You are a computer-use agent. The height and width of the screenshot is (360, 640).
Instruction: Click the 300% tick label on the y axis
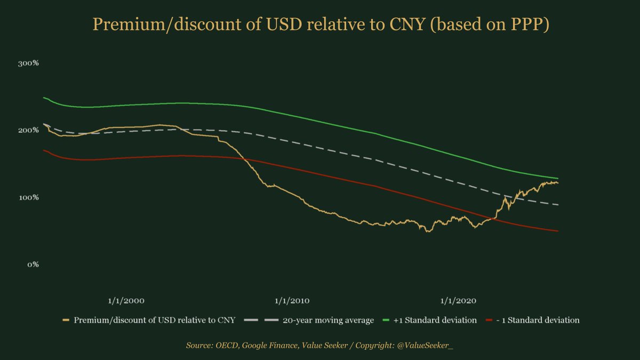28,63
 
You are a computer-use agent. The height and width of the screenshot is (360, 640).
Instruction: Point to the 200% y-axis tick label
28,130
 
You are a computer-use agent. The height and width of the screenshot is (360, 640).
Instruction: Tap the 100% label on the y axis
28,197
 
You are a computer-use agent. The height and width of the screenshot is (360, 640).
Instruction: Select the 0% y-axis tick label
31,265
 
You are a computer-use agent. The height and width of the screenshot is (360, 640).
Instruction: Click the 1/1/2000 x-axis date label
126,300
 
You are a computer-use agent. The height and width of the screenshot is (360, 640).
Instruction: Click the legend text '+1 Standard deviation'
435,321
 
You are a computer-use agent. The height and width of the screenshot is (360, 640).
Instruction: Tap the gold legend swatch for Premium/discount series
67,321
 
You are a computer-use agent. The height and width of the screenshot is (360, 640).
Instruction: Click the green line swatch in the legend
388,321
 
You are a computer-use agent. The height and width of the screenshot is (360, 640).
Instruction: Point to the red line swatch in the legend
491,321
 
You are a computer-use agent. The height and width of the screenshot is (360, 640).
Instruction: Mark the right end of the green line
558,178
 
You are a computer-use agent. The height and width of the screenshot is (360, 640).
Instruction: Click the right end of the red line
558,231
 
